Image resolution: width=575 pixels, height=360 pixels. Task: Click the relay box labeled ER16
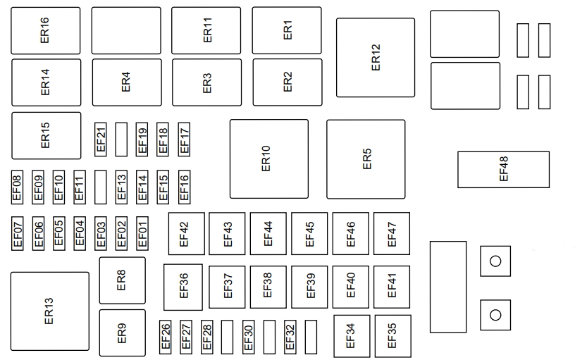pyautogui.click(x=46, y=30)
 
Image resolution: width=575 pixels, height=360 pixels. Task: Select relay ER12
pyautogui.click(x=375, y=58)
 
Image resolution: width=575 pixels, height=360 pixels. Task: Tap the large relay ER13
pyautogui.click(x=49, y=311)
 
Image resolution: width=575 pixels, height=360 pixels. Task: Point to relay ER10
pyautogui.click(x=268, y=159)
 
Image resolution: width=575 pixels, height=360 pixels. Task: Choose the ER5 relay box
pyautogui.click(x=366, y=159)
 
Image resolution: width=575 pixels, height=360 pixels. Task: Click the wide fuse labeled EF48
pyautogui.click(x=503, y=169)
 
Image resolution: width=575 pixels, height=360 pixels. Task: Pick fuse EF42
pyautogui.click(x=186, y=233)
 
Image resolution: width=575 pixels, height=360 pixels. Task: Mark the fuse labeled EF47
pyautogui.click(x=392, y=233)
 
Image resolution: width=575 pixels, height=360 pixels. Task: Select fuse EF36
pyautogui.click(x=183, y=287)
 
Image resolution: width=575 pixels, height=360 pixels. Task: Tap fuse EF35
pyautogui.click(x=392, y=336)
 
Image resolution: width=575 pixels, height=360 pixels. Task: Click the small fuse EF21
pyautogui.click(x=100, y=139)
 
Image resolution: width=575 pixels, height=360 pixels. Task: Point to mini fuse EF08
pyautogui.click(x=18, y=186)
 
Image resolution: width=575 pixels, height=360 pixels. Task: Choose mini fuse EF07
pyautogui.click(x=18, y=232)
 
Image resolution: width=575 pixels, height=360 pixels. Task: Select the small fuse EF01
pyautogui.click(x=142, y=232)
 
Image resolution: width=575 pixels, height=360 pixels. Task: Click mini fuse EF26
pyautogui.click(x=166, y=337)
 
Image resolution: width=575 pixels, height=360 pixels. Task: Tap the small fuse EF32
pyautogui.click(x=290, y=337)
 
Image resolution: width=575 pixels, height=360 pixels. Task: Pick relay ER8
pyautogui.click(x=122, y=280)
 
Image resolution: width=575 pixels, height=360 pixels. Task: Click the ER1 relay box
pyautogui.click(x=287, y=30)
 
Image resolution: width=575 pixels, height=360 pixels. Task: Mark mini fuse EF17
pyautogui.click(x=185, y=139)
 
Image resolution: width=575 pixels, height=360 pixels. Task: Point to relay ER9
pyautogui.click(x=122, y=333)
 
